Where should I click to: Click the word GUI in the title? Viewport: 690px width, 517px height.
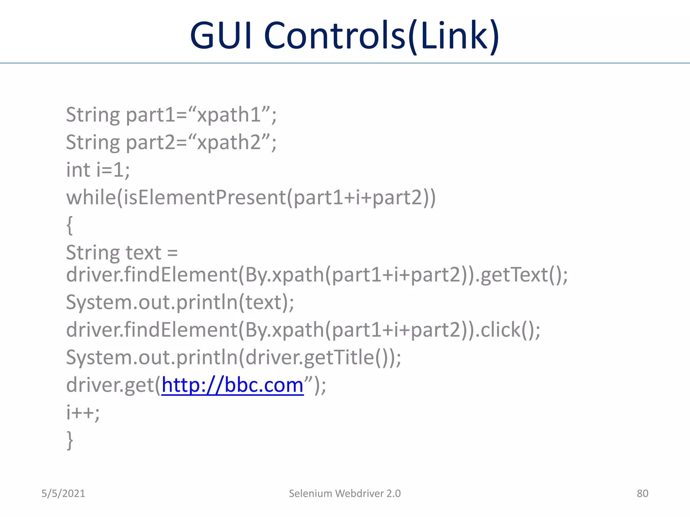221,35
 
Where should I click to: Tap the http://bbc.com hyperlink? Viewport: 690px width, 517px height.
232,385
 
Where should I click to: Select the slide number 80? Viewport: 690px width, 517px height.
642,493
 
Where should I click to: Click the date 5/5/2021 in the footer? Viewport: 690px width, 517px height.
63,493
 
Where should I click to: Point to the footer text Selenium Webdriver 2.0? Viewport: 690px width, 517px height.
345,493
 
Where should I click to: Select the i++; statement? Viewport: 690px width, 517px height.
83,412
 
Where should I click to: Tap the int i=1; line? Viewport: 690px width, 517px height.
98,170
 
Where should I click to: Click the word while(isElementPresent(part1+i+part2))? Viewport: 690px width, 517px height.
251,197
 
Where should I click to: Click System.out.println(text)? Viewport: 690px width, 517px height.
180,302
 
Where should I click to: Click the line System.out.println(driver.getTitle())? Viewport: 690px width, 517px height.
233,357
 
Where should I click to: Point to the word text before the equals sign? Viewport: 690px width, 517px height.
144,252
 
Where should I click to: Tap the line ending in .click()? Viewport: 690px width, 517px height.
303,330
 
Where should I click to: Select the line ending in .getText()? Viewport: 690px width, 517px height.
317,275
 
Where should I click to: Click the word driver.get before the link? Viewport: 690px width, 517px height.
110,385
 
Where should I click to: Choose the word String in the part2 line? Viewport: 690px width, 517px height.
93,142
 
